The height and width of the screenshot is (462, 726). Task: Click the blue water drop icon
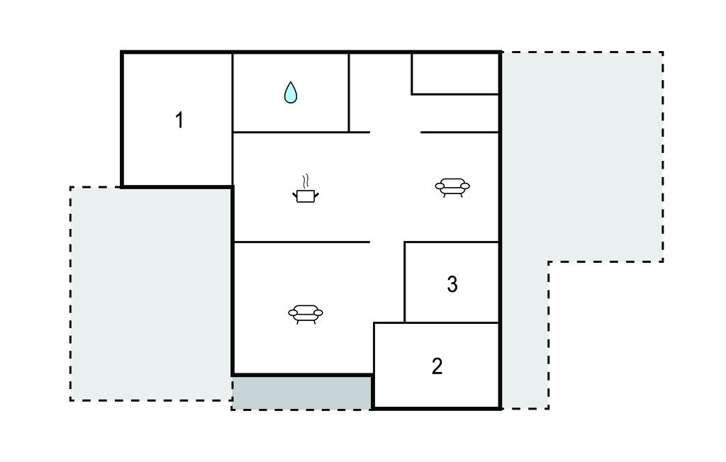coord(290,92)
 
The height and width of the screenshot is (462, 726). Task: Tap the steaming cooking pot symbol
coord(306,189)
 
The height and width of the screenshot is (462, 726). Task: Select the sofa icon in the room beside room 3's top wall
coord(452,187)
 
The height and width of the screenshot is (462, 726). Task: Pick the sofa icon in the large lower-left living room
coord(306,314)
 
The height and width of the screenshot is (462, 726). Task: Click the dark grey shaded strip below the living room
coord(301,393)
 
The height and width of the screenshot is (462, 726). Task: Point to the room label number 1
coord(179,120)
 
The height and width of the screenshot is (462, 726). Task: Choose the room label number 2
coord(437,366)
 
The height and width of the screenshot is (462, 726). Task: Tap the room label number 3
coord(452,284)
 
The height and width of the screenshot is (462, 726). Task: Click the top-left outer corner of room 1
coord(121,52)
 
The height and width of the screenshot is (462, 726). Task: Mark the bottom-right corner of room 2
coord(501,409)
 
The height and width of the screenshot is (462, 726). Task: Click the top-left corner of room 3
coord(405,242)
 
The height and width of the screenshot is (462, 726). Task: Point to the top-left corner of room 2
coord(374,323)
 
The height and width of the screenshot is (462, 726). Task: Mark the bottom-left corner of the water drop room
coord(233,133)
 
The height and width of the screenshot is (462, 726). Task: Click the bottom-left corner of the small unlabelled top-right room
coord(412,94)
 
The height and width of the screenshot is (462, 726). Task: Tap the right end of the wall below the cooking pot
coord(369,242)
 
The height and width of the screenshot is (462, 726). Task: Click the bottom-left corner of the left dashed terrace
coord(70,400)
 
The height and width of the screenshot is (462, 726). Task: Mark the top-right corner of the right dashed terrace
coord(663,52)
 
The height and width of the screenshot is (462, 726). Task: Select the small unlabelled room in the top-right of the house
coord(456,74)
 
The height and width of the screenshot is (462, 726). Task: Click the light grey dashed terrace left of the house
coord(151,294)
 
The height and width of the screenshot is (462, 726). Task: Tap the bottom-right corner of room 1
coord(232,187)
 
